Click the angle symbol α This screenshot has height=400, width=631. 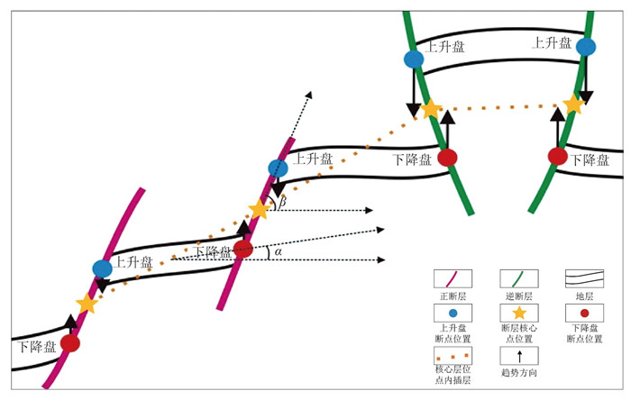coord(278,252)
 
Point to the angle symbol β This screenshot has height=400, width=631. coord(282,204)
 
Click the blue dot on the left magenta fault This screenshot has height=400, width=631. coord(103,268)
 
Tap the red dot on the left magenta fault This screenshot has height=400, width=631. coord(70,343)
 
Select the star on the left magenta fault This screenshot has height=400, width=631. coord(87,305)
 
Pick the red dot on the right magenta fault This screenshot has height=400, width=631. coord(242,249)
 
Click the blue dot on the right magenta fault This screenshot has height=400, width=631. coord(278,168)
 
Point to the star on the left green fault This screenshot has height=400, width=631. coord(431,109)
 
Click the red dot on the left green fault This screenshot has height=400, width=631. coord(448,158)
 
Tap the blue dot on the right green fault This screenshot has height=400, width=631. coord(587,47)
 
